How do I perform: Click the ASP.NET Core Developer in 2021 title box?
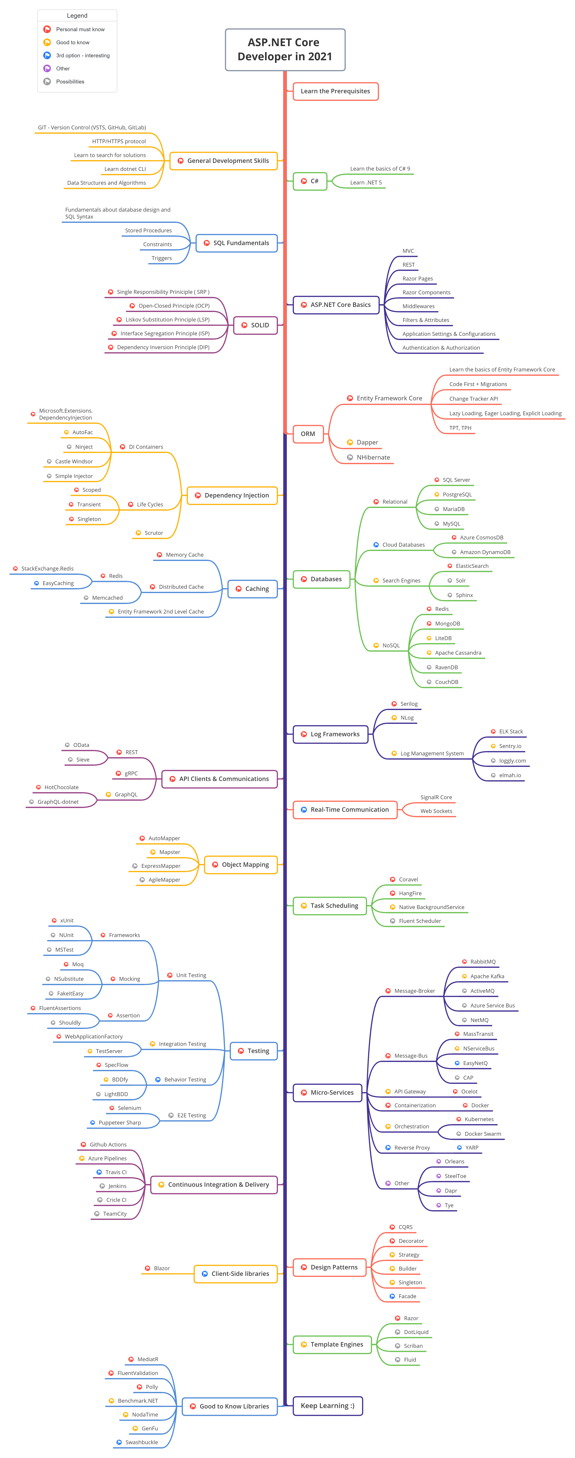pos(285,50)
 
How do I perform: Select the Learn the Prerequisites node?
pos(335,91)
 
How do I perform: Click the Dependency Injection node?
pos(233,495)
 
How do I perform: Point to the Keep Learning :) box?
pos(327,1405)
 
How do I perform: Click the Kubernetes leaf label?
pos(479,1119)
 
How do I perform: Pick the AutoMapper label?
pos(164,838)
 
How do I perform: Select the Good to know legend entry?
pos(72,42)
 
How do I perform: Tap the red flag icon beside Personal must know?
pos(47,30)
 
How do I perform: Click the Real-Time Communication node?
pos(345,809)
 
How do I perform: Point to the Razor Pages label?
pos(417,278)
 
